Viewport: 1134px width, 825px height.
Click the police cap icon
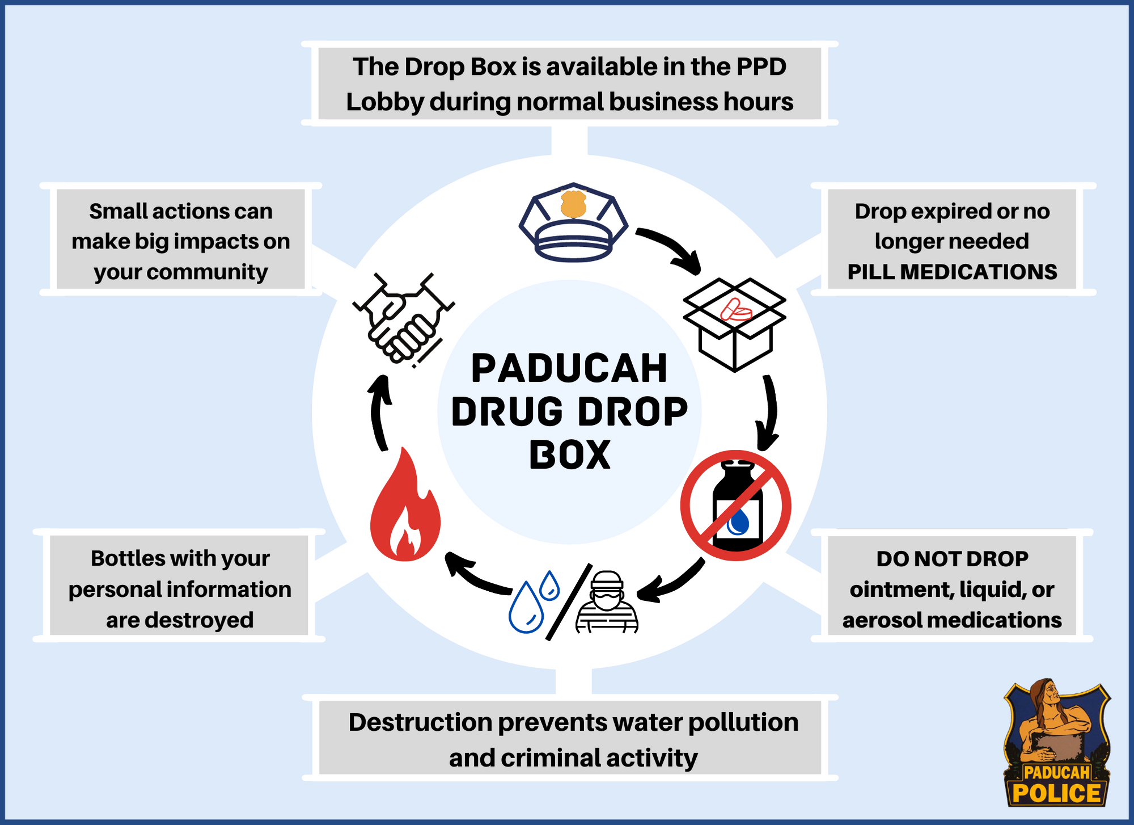pos(573,224)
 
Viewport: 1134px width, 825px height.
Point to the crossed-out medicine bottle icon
pos(736,506)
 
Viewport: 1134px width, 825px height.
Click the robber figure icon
pos(607,603)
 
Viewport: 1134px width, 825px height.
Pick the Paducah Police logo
pos(1056,743)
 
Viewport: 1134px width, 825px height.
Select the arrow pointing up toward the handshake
pos(379,411)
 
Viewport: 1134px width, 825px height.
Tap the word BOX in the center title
pos(570,455)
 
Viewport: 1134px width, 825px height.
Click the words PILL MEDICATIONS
pos(952,272)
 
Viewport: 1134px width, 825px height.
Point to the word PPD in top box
pos(761,67)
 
